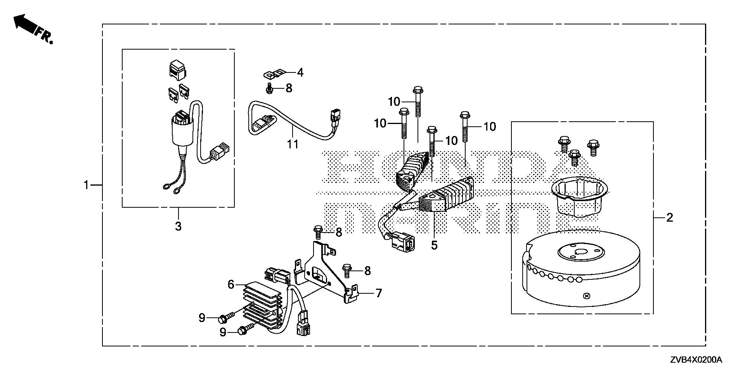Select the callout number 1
87,185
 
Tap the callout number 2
669,217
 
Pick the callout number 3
178,226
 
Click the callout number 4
300,72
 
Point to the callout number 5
434,245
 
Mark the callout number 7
378,293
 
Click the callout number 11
293,145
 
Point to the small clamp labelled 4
274,73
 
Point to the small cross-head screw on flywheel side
586,296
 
